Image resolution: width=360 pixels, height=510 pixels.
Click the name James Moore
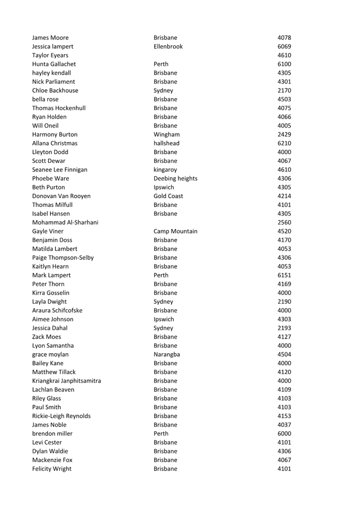[x=50, y=38]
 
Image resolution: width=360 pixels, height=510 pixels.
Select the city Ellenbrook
[x=168, y=47]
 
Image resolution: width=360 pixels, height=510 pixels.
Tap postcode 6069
[x=284, y=47]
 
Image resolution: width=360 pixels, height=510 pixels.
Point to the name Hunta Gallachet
[x=54, y=64]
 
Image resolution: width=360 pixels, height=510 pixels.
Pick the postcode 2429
[x=284, y=135]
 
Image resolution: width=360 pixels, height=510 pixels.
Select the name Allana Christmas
[x=55, y=143]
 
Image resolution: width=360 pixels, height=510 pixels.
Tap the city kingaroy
[x=165, y=170]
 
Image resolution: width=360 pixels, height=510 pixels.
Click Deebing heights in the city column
[x=176, y=179]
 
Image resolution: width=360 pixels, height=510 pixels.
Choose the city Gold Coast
[x=168, y=196]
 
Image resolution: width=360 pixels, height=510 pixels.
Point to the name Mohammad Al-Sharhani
[x=65, y=223]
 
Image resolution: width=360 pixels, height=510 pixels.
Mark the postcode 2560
[x=284, y=223]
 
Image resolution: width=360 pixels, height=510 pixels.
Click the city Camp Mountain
[x=176, y=231]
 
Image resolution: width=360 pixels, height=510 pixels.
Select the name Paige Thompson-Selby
[x=63, y=258]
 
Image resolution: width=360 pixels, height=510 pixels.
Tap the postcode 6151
[x=284, y=275]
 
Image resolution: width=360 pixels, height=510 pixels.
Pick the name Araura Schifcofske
[x=57, y=311]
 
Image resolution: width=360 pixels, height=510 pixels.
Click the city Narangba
[x=167, y=355]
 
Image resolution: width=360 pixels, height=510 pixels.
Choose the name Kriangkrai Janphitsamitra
[x=67, y=381]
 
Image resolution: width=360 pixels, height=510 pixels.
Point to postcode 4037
[x=284, y=425]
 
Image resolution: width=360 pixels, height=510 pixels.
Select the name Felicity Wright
[x=52, y=469]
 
